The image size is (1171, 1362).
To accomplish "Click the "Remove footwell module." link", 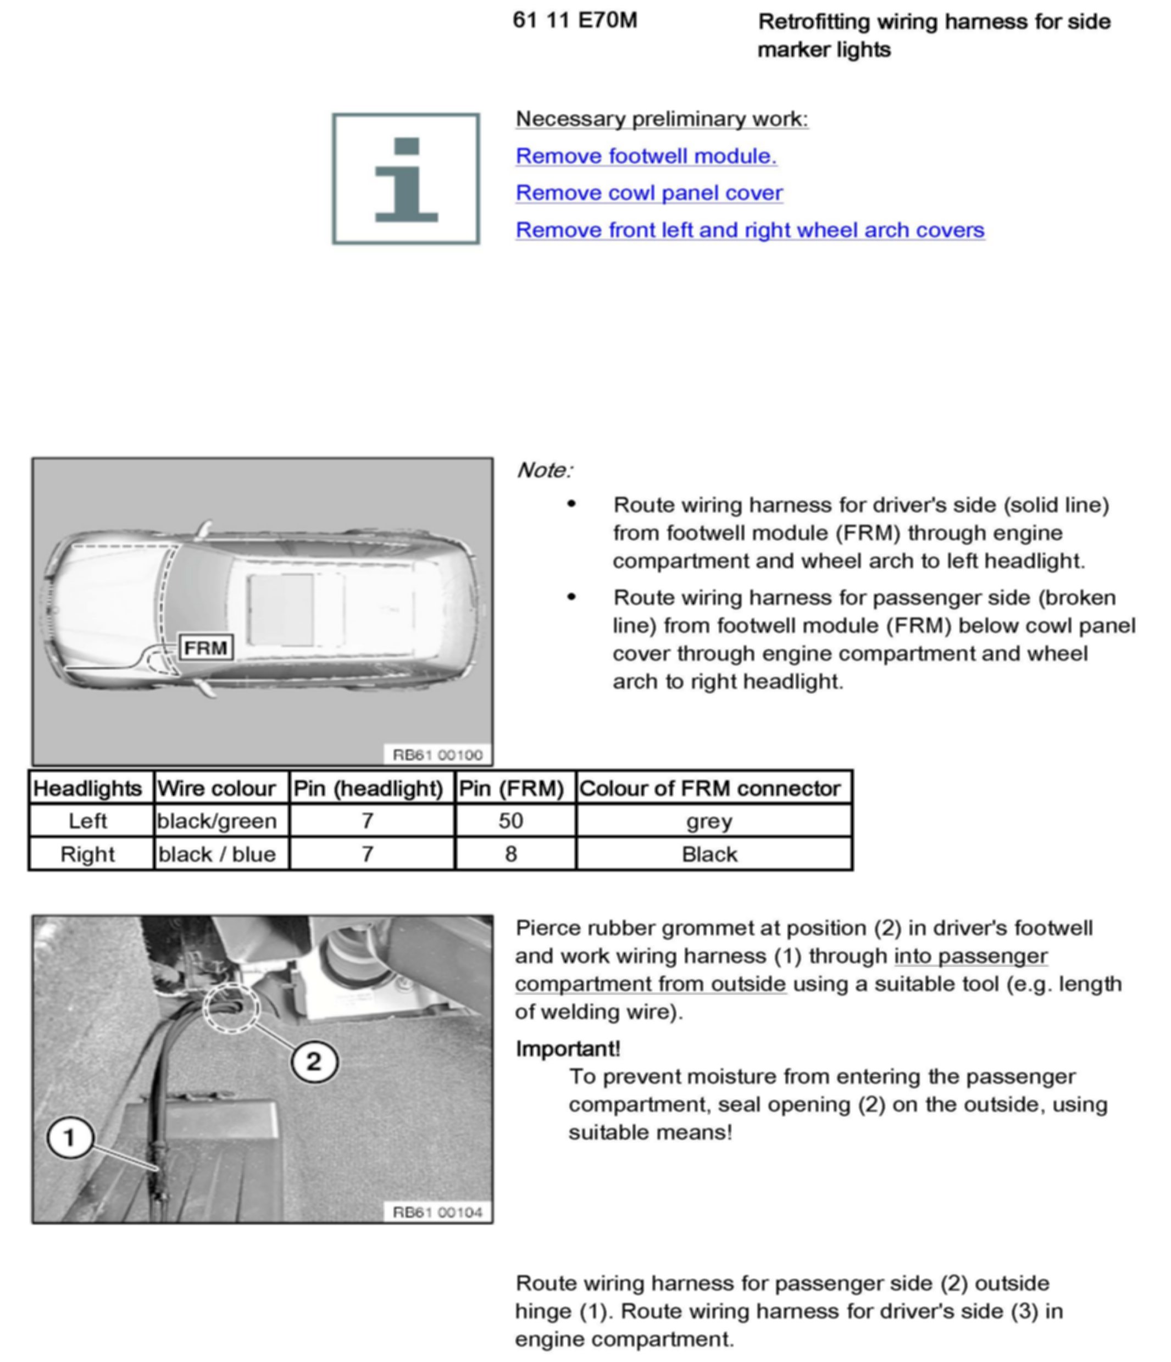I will (x=645, y=157).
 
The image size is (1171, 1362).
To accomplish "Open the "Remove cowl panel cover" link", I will (x=648, y=193).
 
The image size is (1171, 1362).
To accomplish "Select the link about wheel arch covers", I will (x=750, y=230).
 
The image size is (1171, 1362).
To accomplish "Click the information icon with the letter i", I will (x=406, y=179).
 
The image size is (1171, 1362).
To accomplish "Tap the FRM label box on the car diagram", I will (x=206, y=648).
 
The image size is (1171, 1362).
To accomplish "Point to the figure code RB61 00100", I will (x=437, y=755).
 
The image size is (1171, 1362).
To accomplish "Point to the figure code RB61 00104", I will (x=437, y=1213).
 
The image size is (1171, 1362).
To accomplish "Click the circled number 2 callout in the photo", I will (x=314, y=1061).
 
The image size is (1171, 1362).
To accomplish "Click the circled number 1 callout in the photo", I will (x=70, y=1138).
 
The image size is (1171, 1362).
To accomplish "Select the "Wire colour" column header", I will (x=217, y=788).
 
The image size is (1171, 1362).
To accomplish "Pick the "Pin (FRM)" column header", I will (x=512, y=788).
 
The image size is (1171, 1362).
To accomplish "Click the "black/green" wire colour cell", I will (x=217, y=821).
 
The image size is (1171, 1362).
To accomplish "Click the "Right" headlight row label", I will (x=87, y=854).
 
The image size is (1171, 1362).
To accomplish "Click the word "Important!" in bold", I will (x=568, y=1048).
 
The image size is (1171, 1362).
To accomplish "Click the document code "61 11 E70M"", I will (x=575, y=20).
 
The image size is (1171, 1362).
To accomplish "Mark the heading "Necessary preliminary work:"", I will (x=662, y=119).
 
